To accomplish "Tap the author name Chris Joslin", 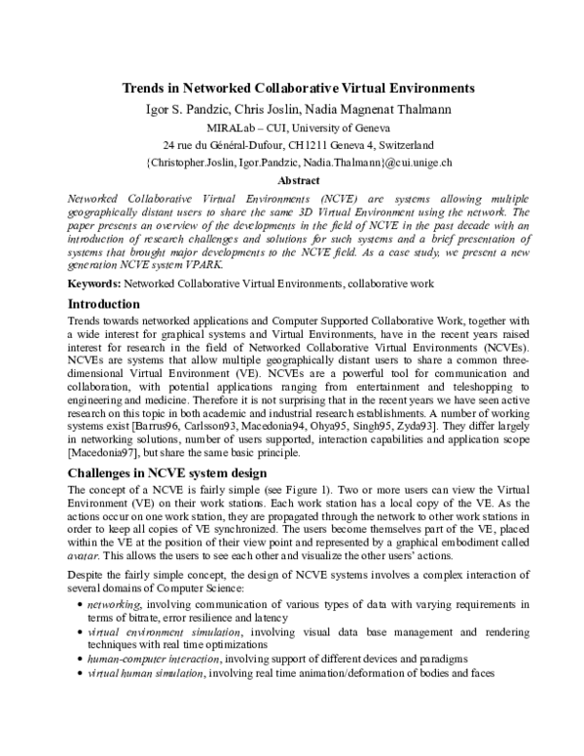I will tap(277, 108).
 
